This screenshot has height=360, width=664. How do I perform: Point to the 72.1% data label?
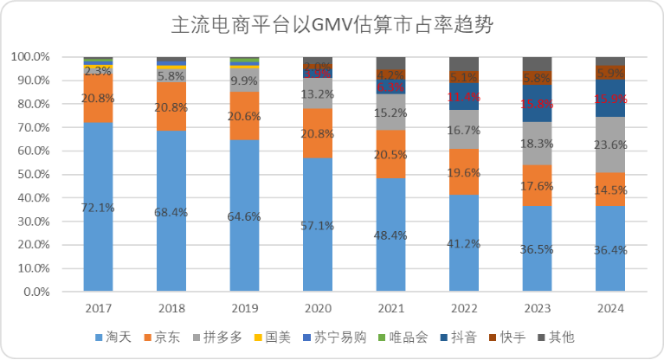click(x=98, y=208)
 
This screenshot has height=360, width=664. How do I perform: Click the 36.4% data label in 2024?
click(x=610, y=249)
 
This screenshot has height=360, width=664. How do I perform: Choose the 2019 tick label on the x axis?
click(x=244, y=308)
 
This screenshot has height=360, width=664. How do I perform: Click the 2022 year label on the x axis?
click(x=464, y=308)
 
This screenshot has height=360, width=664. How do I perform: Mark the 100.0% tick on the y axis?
click(x=29, y=57)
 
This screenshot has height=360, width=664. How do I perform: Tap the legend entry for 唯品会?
click(x=410, y=337)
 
